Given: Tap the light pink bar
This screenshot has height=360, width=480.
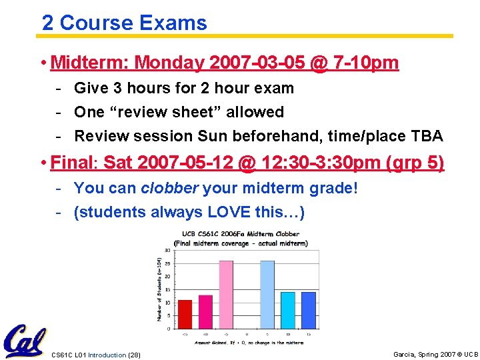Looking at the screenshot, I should (x=226, y=294).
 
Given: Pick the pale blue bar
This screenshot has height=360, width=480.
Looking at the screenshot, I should (x=267, y=294).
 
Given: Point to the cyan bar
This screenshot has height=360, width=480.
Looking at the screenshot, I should (x=288, y=310).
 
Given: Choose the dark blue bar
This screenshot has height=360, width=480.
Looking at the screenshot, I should (x=309, y=310).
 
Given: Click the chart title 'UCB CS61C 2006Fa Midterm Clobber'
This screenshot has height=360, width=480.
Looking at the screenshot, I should (x=237, y=234).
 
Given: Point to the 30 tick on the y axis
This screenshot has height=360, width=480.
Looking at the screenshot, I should (x=167, y=251).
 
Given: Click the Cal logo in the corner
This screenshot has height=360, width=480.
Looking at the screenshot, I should (x=23, y=341).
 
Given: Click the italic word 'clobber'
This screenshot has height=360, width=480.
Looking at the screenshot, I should (x=169, y=188).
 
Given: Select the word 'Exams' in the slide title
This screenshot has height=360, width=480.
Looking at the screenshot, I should (x=173, y=23).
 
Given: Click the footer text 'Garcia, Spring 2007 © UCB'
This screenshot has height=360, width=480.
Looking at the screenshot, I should (x=436, y=354).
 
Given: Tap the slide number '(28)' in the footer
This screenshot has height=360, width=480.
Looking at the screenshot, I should (x=133, y=355).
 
